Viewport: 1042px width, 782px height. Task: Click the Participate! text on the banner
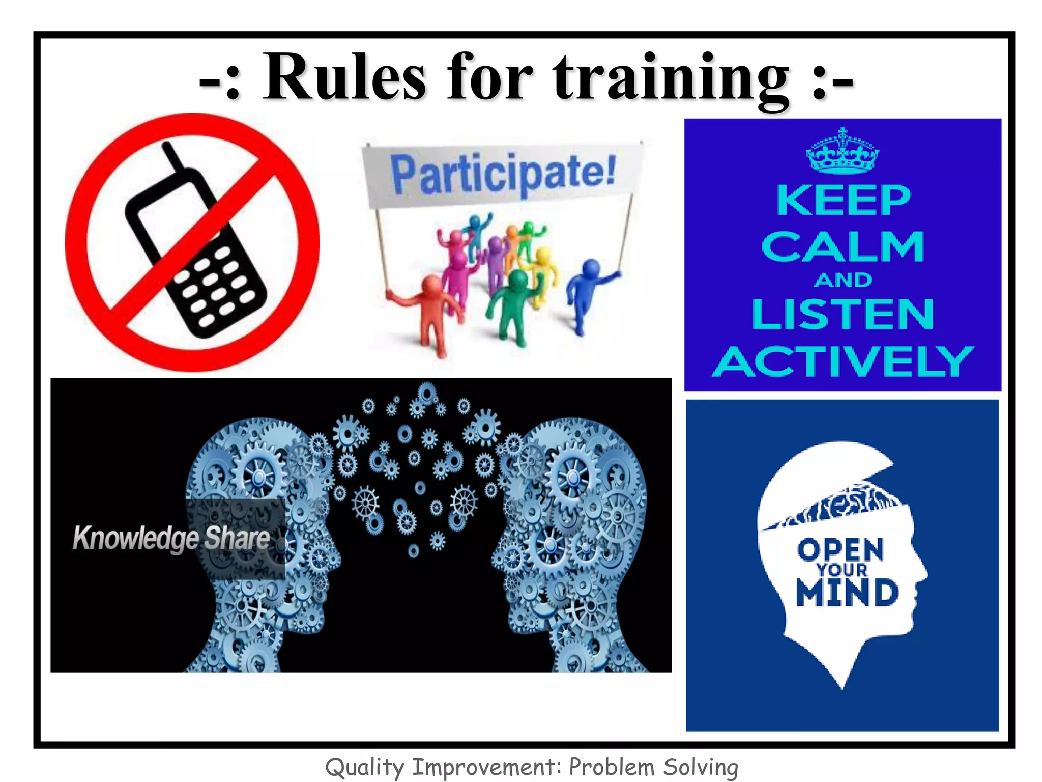tap(503, 174)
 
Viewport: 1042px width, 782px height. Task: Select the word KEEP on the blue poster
tap(843, 201)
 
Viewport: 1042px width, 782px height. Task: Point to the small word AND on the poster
tap(843, 280)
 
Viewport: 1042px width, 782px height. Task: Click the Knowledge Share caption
tap(171, 538)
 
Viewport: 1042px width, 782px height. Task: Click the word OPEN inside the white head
tap(841, 549)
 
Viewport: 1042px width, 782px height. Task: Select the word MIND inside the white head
tap(847, 593)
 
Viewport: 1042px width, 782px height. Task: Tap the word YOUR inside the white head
tap(842, 570)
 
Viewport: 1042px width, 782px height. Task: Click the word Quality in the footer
tap(364, 767)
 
